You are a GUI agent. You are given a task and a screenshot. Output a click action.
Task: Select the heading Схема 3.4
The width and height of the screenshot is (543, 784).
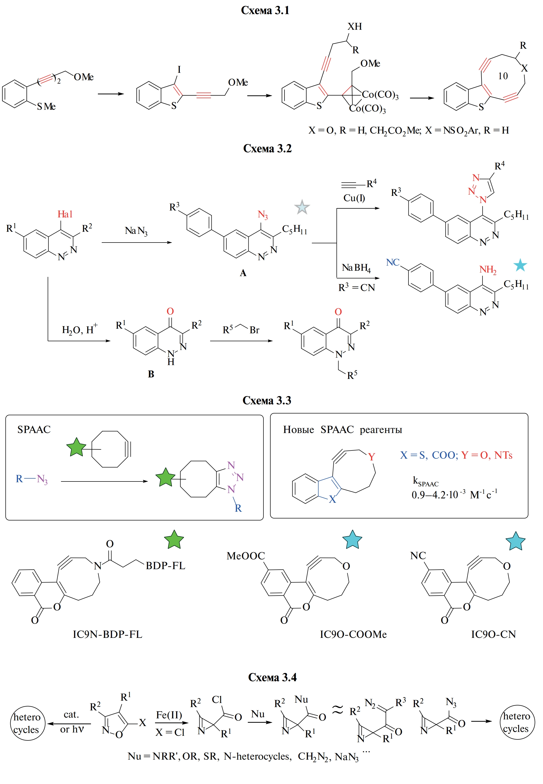click(272, 677)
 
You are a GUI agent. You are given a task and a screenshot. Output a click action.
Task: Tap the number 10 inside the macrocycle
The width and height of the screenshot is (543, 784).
click(503, 76)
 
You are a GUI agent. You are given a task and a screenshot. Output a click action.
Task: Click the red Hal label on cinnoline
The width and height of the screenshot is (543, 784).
click(65, 214)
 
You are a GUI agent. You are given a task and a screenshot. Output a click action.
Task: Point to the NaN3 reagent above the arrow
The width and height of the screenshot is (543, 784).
click(136, 231)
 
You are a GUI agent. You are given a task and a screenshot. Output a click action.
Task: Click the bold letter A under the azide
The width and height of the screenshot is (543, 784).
click(243, 273)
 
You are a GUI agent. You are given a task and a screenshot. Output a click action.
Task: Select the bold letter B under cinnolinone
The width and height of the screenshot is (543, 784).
click(151, 374)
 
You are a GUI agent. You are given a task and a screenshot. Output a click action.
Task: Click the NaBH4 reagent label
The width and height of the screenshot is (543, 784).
click(356, 268)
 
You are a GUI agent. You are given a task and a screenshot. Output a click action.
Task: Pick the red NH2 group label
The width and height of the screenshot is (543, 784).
click(488, 270)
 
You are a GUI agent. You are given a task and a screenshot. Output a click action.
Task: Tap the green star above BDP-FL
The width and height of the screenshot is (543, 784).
click(174, 540)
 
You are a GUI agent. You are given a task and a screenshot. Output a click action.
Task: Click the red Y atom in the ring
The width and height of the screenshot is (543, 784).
click(371, 457)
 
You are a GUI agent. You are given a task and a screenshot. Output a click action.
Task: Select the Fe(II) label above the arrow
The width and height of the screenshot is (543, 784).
click(169, 715)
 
